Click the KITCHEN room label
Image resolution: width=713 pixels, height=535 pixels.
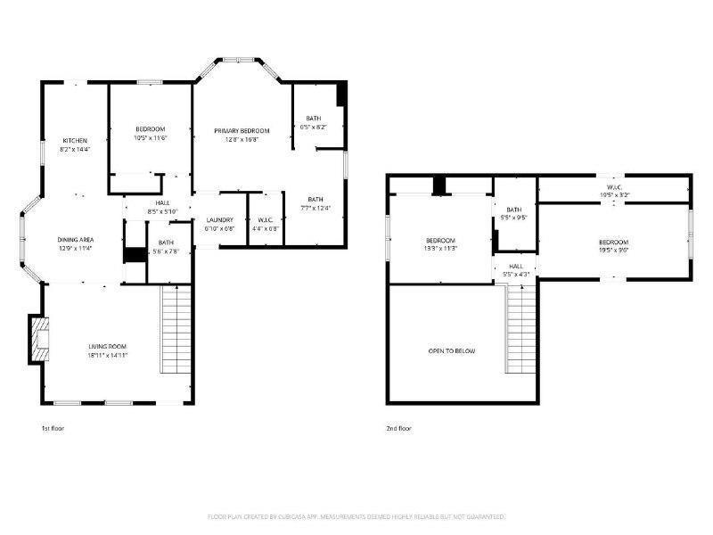[x=75, y=141]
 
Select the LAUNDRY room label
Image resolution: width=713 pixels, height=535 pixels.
[x=219, y=219]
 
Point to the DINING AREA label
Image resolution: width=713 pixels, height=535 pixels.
[x=76, y=240]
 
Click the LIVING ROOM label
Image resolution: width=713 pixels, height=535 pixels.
[x=107, y=346]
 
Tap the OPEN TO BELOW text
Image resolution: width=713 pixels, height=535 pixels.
[x=452, y=350]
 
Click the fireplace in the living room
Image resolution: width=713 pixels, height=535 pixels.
[x=37, y=339]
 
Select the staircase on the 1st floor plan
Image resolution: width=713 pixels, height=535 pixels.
[x=176, y=331]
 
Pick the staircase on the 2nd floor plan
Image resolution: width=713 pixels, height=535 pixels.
[x=521, y=331]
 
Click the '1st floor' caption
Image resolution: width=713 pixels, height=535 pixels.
[x=53, y=429]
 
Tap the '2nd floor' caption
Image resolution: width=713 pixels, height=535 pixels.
[x=398, y=429]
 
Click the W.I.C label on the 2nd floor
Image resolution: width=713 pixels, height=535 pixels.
[x=613, y=186]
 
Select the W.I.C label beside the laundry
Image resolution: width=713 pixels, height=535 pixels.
[x=265, y=219]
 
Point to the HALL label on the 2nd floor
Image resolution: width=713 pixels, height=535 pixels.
[x=516, y=266]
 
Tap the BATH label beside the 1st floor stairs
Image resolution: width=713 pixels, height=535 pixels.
[x=166, y=243]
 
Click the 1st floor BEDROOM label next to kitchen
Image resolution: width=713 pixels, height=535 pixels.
[x=150, y=129]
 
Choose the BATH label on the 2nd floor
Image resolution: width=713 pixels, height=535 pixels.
[x=514, y=209]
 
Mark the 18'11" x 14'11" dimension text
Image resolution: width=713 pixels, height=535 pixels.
[x=107, y=355]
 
